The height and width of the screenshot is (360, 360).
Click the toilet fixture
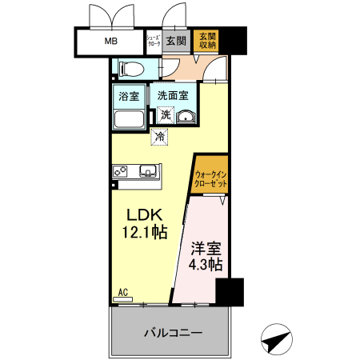[130, 66]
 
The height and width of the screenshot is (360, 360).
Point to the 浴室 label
[129, 95]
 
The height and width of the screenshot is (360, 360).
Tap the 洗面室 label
[172, 95]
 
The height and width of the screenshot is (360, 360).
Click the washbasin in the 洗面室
[186, 117]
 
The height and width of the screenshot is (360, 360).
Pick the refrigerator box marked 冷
[159, 137]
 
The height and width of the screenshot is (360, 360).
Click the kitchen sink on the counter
[148, 170]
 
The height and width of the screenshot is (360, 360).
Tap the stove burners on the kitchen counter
[122, 170]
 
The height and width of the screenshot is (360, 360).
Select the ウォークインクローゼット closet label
[210, 178]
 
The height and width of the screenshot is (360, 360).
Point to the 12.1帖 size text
[145, 233]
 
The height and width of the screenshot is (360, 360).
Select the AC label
[123, 293]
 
